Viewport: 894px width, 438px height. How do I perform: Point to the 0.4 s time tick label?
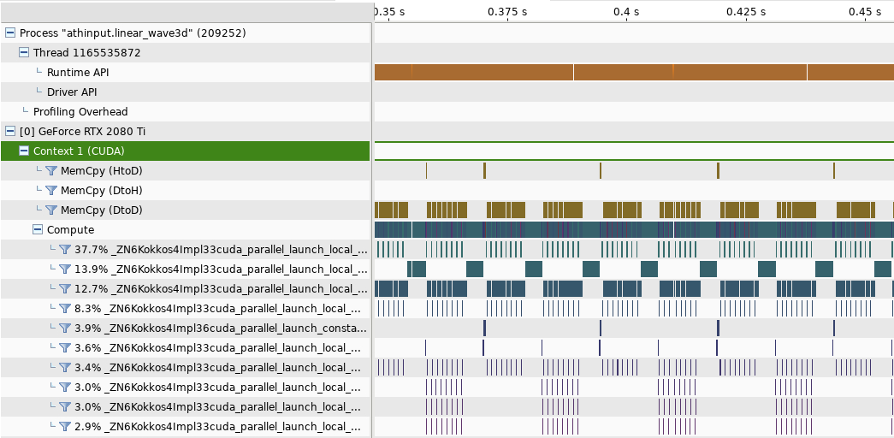click(626, 12)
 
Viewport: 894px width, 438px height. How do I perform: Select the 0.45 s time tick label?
click(865, 12)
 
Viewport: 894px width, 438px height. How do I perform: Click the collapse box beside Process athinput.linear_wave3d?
click(10, 33)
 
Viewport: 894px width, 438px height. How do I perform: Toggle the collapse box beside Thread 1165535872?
click(24, 53)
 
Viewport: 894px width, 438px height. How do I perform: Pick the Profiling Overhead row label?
click(80, 112)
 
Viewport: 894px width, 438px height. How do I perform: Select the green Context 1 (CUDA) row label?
click(79, 151)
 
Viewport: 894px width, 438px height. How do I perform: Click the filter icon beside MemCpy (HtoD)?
click(50, 171)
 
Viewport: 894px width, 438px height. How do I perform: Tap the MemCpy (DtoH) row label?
click(101, 191)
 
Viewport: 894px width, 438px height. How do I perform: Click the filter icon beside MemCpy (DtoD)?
click(50, 210)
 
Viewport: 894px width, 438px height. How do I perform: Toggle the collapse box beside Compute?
click(38, 230)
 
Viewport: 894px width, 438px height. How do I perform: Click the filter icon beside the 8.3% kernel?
click(64, 309)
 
